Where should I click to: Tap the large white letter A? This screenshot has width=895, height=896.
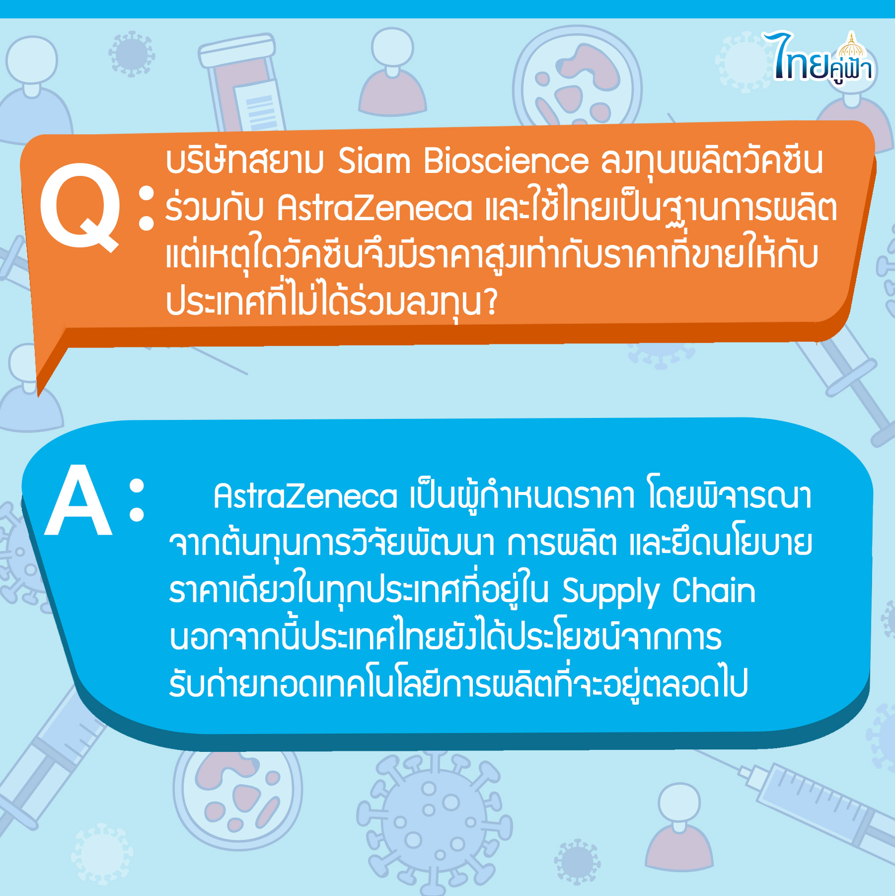tap(78, 499)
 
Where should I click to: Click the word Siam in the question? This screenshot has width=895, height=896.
tap(374, 161)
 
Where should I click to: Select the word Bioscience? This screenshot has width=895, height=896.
tap(506, 161)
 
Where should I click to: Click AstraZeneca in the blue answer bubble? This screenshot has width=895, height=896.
tap(305, 496)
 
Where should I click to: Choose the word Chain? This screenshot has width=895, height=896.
tap(714, 590)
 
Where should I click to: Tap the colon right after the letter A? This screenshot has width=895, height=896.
tap(137, 500)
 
